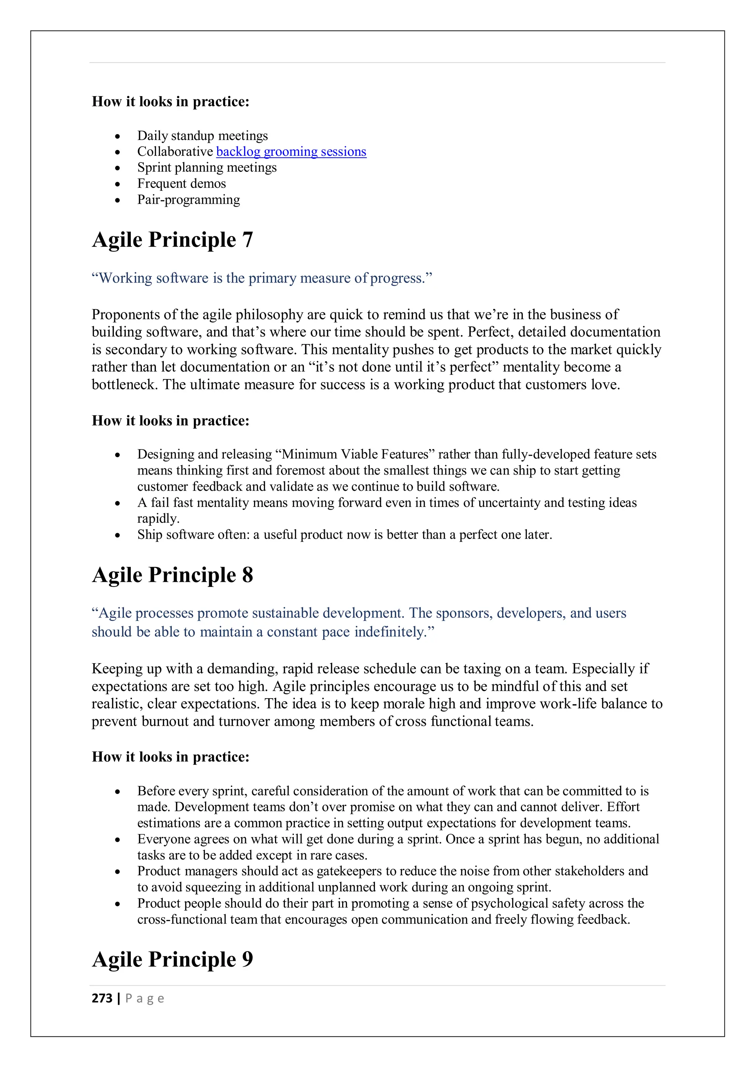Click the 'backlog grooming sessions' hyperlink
[291, 151]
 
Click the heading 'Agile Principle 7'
[173, 240]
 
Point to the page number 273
[102, 998]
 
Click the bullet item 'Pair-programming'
[188, 200]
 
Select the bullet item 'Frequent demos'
[181, 183]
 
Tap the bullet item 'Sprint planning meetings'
[206, 167]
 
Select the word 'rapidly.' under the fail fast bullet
[158, 519]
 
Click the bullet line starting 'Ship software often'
[344, 535]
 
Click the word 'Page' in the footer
[145, 998]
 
